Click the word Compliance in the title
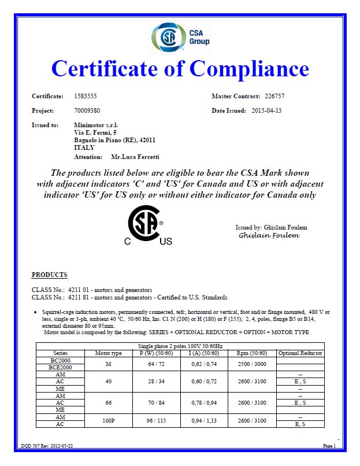249,69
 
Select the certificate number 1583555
86,95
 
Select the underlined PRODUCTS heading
49,275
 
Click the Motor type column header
108,353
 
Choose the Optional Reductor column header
300,353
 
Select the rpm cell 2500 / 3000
252,363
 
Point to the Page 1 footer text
329,446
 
